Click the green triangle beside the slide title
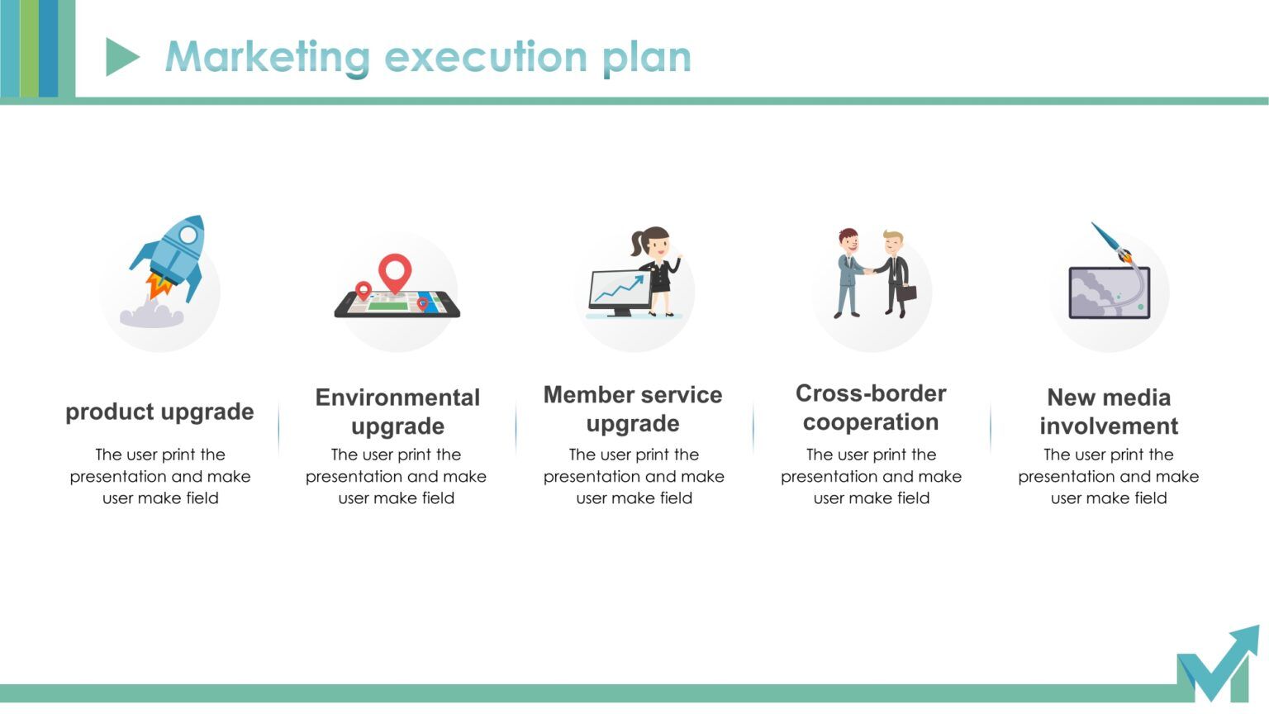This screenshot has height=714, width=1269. click(121, 57)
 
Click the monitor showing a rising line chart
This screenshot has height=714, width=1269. click(618, 291)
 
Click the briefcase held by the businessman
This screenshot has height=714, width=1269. click(906, 293)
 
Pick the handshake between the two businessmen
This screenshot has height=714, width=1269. click(868, 270)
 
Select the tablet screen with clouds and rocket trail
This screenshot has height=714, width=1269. click(1108, 293)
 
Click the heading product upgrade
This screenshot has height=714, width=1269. click(159, 412)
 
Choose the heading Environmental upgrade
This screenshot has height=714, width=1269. click(397, 412)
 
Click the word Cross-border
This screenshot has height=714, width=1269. click(871, 393)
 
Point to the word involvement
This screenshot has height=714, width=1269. click(1109, 426)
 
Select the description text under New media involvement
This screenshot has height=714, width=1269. click(1109, 476)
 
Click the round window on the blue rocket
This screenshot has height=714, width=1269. click(188, 236)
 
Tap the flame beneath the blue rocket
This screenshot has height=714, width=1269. click(159, 286)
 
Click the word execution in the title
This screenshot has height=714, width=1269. click(486, 57)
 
